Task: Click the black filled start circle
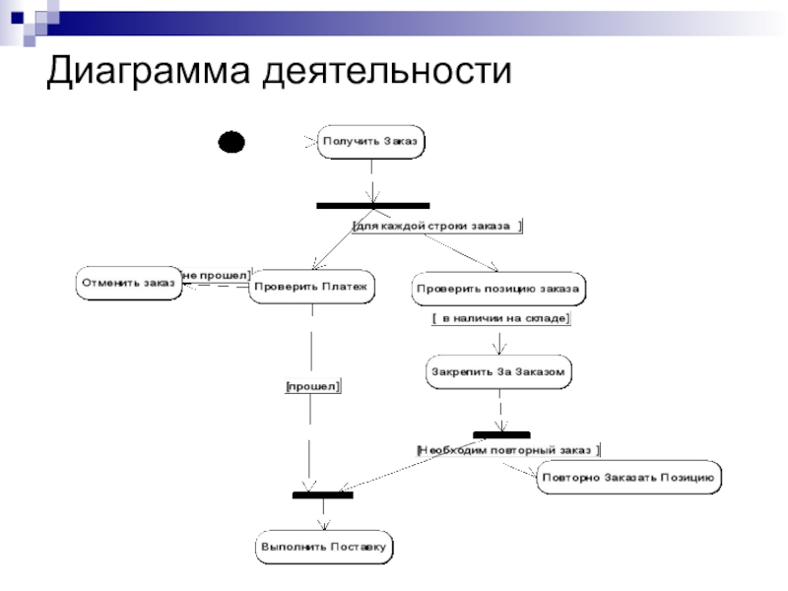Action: coord(231,142)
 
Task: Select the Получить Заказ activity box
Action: coord(371,142)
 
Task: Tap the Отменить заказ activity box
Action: coord(129,284)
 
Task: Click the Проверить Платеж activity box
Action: coord(311,287)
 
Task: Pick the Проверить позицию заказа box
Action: coord(498,289)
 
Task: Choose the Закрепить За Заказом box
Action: coord(498,372)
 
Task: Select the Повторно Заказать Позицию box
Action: coord(628,478)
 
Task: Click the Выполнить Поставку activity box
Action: coord(324,548)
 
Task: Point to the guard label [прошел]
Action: coord(312,386)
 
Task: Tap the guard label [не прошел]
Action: coord(216,276)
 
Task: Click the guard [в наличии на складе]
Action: coord(500,318)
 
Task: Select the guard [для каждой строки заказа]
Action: coord(436,227)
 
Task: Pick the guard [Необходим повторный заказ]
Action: coord(508,450)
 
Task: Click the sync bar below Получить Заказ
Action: coord(373,206)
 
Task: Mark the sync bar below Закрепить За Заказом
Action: coord(501,434)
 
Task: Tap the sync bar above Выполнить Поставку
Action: coord(323,495)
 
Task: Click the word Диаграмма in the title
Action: coord(149,70)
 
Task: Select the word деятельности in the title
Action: coord(387,70)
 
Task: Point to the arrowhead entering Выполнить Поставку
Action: coord(324,525)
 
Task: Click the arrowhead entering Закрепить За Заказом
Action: coord(499,350)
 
